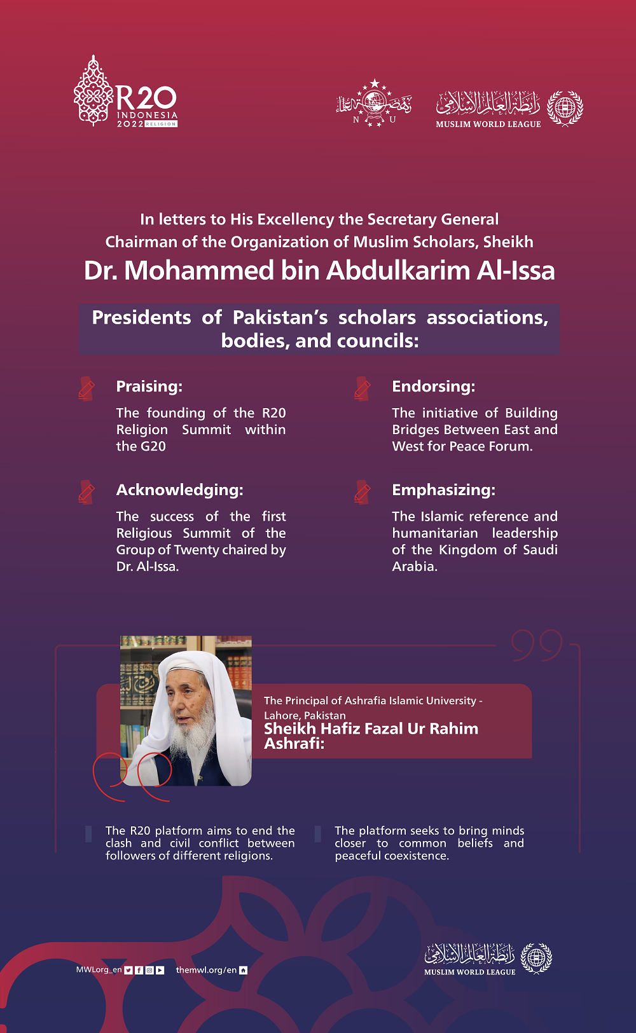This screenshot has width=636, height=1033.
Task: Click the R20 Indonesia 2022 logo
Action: tap(126, 92)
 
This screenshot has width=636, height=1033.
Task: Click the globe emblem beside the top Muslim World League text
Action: tap(565, 107)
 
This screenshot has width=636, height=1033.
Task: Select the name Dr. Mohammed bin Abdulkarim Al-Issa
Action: tap(319, 271)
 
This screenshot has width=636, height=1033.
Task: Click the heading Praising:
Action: tap(149, 387)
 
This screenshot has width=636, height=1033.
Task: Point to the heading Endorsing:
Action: tap(433, 387)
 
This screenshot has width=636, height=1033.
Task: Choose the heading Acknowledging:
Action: tap(179, 490)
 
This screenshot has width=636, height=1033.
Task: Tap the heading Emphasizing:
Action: tap(443, 490)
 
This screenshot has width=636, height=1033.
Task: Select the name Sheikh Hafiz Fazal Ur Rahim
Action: tap(371, 729)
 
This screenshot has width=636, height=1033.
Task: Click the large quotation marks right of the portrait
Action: tap(537, 645)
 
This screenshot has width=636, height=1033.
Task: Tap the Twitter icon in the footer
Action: tap(128, 970)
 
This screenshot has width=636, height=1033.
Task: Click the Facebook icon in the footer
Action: tap(139, 970)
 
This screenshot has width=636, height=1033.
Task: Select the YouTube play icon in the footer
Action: tap(160, 970)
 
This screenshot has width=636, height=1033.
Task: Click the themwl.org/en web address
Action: tap(206, 970)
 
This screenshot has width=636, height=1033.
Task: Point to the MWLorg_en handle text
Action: tap(99, 970)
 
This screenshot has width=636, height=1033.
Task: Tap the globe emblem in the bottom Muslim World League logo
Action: tap(536, 958)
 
